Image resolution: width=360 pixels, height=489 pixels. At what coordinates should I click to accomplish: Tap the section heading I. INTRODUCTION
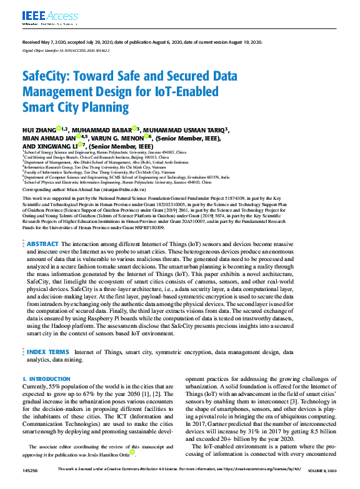click(x=42, y=379)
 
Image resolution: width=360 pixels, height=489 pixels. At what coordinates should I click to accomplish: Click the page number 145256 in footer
click(x=31, y=469)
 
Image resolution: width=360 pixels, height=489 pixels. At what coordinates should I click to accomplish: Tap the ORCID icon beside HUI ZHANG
click(x=59, y=128)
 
